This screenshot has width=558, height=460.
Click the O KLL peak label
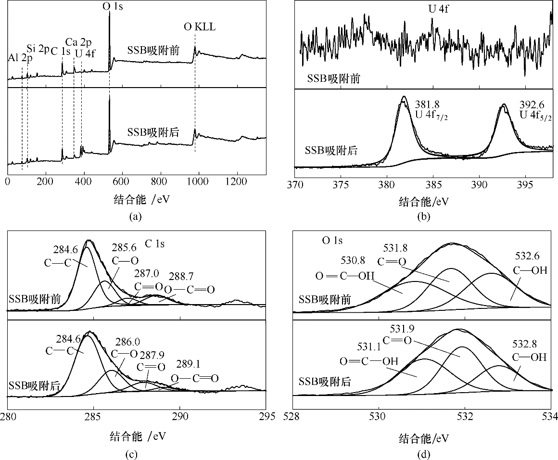point(200,27)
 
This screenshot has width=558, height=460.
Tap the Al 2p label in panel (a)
point(21,58)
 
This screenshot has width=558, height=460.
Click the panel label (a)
point(136,217)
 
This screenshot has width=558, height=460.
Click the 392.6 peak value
point(530,103)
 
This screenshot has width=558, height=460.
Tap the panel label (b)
point(424,217)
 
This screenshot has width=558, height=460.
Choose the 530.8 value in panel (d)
point(354,260)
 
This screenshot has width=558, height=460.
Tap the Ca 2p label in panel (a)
point(76,43)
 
